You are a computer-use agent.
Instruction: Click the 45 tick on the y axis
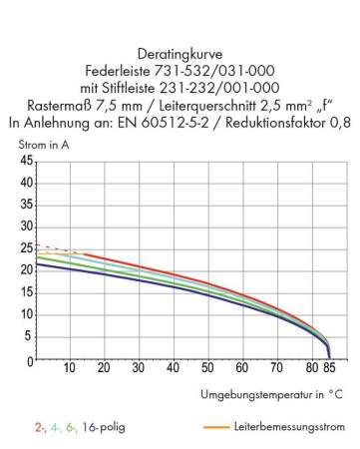(27, 161)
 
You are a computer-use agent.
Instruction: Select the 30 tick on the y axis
(27, 226)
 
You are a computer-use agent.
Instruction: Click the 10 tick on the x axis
(70, 368)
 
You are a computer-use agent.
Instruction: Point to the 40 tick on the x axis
(174, 368)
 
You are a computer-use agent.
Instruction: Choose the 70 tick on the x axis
(277, 368)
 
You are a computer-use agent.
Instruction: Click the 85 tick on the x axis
(330, 368)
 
